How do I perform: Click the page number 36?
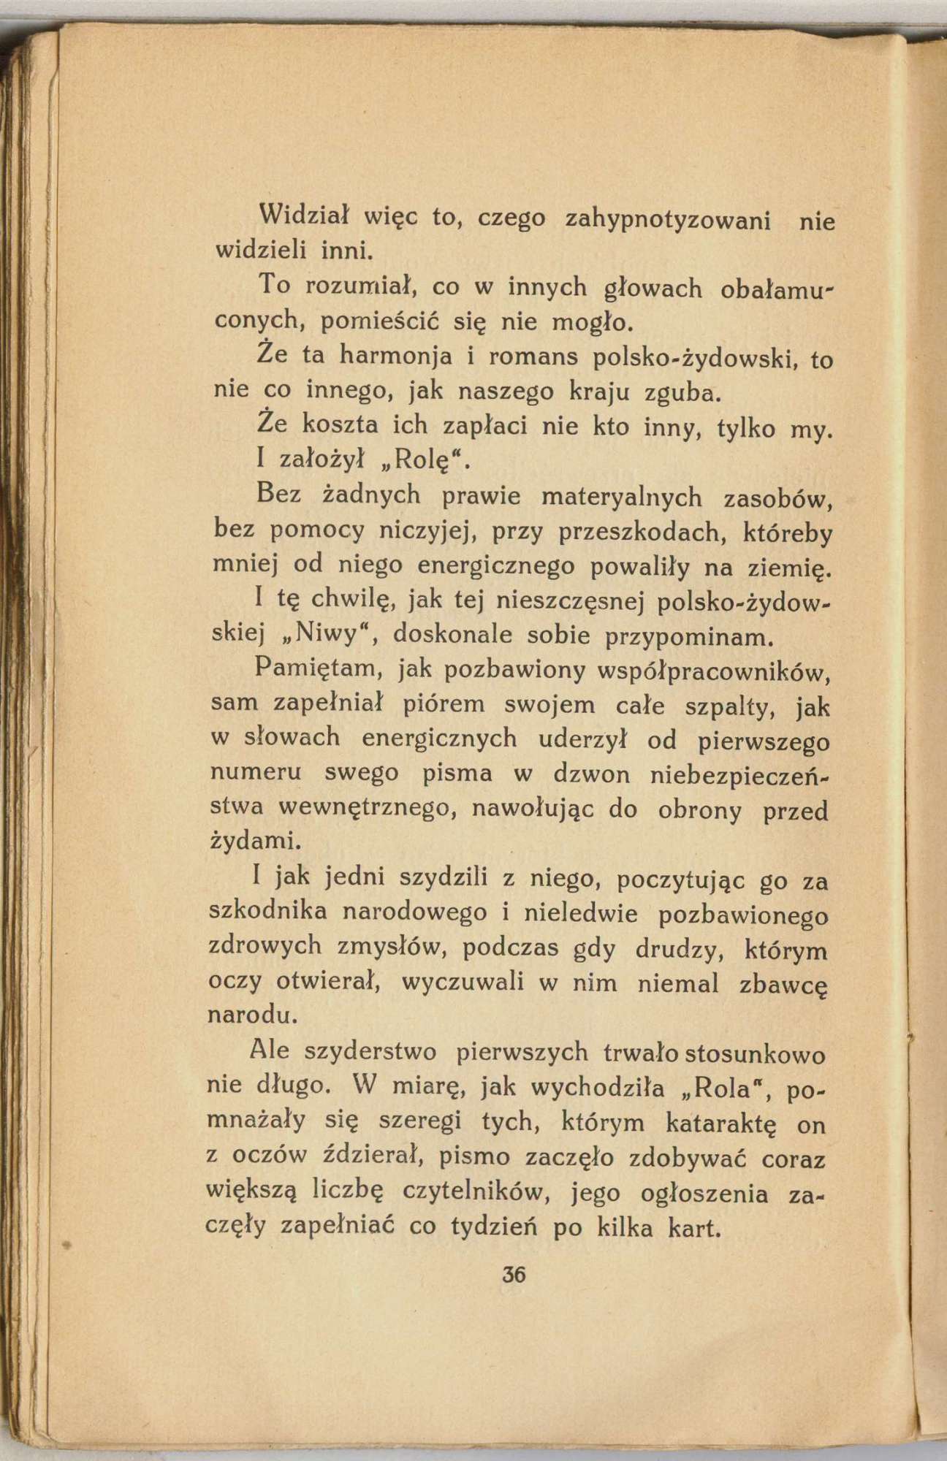514,1275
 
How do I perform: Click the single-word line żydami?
246,841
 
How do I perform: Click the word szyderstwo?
370,1052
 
